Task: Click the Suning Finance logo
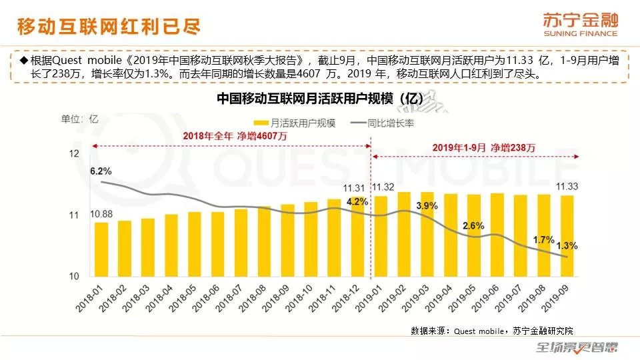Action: [580, 24]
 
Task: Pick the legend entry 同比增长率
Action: [395, 123]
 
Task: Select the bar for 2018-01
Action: [101, 249]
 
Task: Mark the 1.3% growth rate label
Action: [567, 246]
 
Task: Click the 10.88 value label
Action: [101, 213]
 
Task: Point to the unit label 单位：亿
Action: [80, 119]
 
